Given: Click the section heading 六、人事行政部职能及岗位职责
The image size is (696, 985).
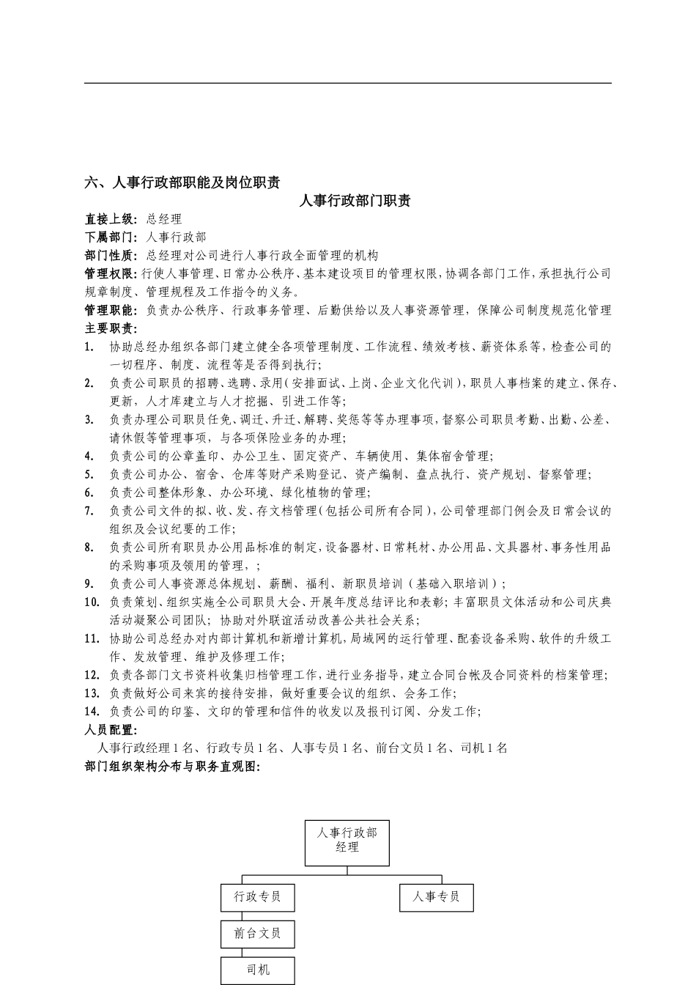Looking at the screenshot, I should coord(182,182).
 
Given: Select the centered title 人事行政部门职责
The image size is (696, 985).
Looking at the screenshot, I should coord(354,201).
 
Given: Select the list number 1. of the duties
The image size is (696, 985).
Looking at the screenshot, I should coord(89,347).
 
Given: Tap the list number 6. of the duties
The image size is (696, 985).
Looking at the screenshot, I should coord(89,492).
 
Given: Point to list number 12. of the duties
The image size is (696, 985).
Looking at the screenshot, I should coord(92,675).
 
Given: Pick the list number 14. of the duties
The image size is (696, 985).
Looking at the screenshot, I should coord(92,712).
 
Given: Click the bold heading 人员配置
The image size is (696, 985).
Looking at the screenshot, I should coord(110,730).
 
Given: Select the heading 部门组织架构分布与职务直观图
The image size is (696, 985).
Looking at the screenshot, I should coord(173,767).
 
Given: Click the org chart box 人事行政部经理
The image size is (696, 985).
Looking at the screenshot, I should coord(347,843).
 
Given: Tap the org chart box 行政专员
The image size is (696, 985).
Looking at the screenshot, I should coord(257,897).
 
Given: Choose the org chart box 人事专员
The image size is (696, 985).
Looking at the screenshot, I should coord(436,897).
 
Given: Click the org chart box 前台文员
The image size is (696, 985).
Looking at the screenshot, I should coord(257,934).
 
